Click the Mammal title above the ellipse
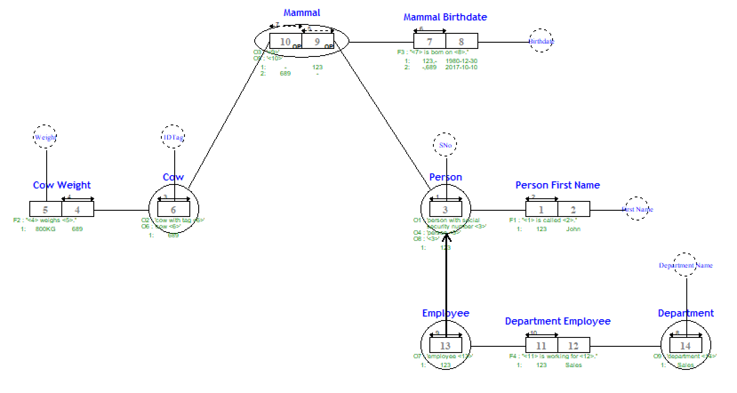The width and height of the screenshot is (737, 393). tap(302, 13)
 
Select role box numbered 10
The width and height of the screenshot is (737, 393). tap(285, 41)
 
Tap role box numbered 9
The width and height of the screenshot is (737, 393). tap(317, 41)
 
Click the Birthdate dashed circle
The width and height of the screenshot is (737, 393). tap(541, 41)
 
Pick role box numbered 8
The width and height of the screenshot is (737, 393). tap(461, 41)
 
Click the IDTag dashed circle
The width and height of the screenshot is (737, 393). tap(173, 137)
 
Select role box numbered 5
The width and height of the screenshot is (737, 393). tap(45, 209)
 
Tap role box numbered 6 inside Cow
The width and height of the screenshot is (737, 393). tap(173, 209)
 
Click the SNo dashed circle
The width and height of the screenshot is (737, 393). tap(445, 145)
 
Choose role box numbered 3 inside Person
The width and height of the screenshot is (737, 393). tap(445, 209)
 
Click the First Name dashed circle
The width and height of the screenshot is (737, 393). tap(637, 209)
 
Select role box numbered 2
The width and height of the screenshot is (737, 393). tap(573, 209)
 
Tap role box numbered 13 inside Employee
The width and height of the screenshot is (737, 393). tap(445, 345)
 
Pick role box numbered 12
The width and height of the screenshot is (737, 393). tap(573, 345)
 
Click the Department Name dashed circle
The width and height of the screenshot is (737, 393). tap(685, 265)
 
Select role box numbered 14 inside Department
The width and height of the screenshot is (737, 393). tap(686, 345)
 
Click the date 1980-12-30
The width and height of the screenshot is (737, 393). tap(461, 61)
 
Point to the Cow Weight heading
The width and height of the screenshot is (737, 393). tap(62, 185)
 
